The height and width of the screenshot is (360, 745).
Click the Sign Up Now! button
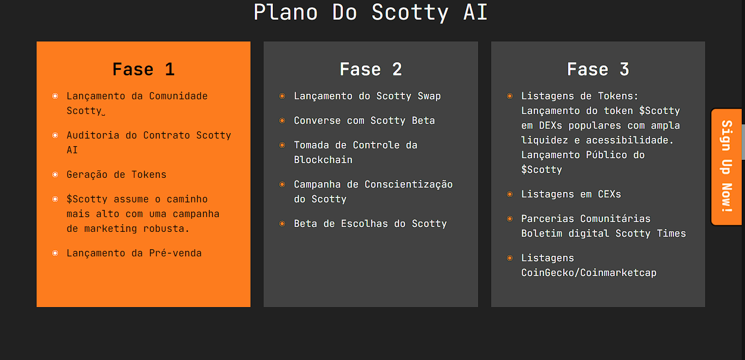[x=726, y=166]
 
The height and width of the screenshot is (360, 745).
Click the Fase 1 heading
[x=143, y=69]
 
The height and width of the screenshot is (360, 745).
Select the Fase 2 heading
[x=371, y=69]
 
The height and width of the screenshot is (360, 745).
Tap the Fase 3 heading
[x=598, y=69]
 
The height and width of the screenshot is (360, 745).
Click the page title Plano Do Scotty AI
[x=371, y=12]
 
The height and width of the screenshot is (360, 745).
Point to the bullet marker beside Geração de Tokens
[x=55, y=175]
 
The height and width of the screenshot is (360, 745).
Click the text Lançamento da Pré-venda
[x=134, y=253]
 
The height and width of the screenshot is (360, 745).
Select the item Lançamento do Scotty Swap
[x=367, y=96]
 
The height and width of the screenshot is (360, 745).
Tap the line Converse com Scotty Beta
[x=364, y=121]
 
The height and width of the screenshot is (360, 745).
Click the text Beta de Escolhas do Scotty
[x=370, y=224]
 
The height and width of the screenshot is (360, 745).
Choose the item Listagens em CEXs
[x=571, y=194]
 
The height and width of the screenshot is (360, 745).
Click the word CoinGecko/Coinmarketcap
[x=588, y=273]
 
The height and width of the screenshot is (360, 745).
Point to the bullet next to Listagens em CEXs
[x=510, y=194]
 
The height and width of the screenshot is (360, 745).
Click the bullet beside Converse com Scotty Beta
[x=282, y=121]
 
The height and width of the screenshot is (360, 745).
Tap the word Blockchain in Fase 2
[x=323, y=160]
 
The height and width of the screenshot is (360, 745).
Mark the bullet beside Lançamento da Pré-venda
[x=55, y=253]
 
